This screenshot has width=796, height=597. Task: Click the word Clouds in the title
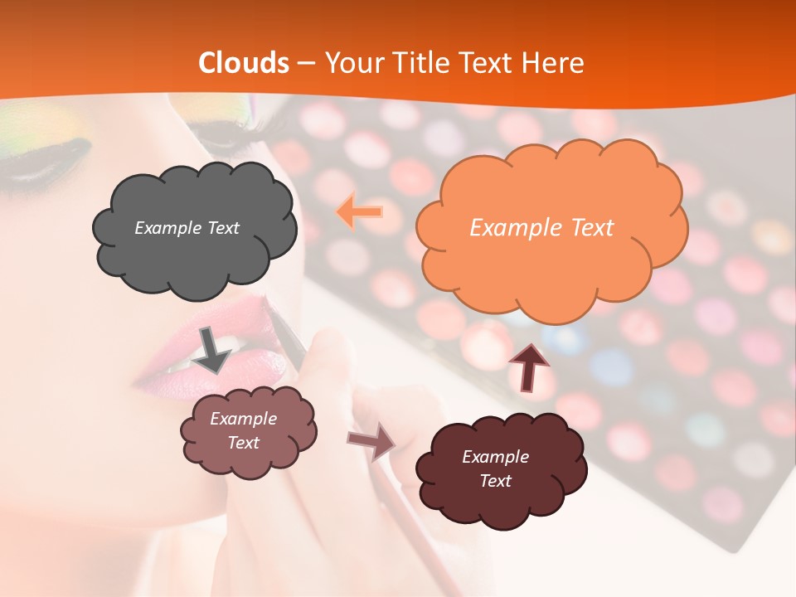pos(244,63)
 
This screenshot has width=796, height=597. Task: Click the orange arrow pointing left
pos(359,213)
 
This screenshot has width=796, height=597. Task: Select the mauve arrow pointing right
pos(371,441)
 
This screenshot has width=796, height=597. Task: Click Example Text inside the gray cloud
pos(187,228)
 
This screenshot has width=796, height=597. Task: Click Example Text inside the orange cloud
pos(541,228)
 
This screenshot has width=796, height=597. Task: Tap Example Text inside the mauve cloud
pos(244,430)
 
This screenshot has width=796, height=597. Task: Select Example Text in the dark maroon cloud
pos(495,468)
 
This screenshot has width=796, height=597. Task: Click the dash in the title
pos(306,63)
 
